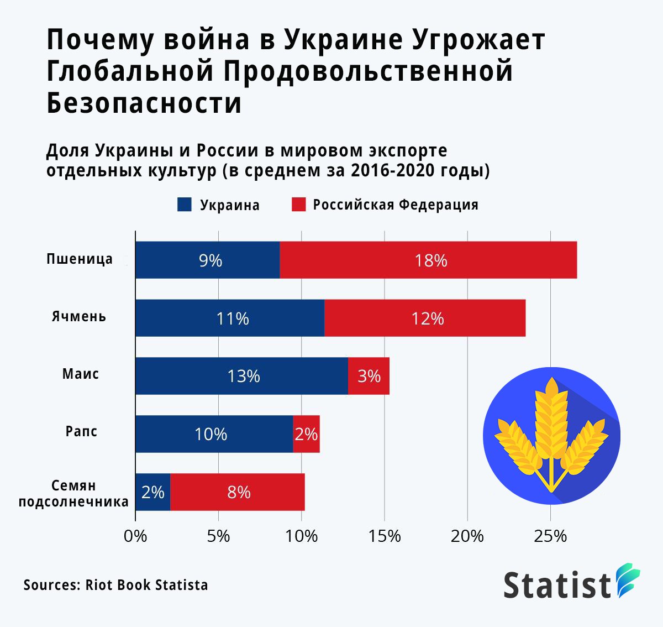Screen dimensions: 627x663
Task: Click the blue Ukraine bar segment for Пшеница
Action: click(x=207, y=260)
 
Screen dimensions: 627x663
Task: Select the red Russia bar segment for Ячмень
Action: click(x=425, y=318)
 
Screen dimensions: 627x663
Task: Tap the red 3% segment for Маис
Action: click(x=369, y=376)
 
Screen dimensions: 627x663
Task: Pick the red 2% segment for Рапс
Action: click(x=306, y=434)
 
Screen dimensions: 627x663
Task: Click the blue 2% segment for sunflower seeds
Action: click(x=152, y=492)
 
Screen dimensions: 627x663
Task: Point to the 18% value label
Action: click(x=431, y=260)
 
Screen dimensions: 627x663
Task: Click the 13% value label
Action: click(x=244, y=377)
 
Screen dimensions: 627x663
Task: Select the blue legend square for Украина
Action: click(x=184, y=205)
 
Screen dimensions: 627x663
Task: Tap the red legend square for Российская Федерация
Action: click(x=298, y=205)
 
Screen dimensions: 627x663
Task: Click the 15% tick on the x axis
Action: click(x=385, y=536)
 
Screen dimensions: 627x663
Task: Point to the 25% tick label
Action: click(x=550, y=536)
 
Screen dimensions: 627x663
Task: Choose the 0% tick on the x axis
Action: click(x=135, y=536)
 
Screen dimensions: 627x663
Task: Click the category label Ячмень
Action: click(x=79, y=317)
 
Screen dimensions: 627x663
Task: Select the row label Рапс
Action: click(x=81, y=431)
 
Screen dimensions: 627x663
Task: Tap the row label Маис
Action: click(x=81, y=374)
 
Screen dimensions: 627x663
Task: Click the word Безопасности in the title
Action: click(x=144, y=103)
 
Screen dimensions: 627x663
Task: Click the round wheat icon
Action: click(x=551, y=435)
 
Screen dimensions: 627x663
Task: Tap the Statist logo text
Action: click(x=557, y=585)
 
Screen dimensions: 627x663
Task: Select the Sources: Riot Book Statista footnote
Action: click(x=115, y=585)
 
